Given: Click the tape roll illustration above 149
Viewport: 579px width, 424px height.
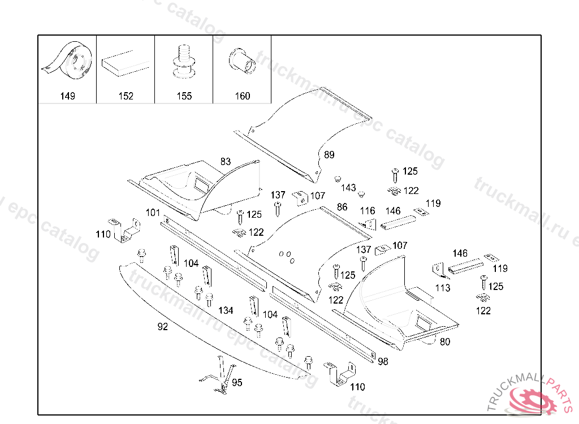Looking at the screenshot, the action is coord(68,59).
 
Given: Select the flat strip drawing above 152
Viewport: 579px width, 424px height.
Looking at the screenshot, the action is coord(126,63).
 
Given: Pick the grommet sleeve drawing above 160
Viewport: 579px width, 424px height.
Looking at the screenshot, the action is coord(242,61).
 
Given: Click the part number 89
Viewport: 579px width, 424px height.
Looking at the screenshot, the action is coord(329,155).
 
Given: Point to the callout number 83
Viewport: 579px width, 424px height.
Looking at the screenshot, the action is coord(226,161).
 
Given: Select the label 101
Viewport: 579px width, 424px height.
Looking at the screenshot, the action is coord(153,213).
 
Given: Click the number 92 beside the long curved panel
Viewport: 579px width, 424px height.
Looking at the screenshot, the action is coord(162,327).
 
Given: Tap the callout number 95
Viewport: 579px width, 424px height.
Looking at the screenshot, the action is coord(237,383).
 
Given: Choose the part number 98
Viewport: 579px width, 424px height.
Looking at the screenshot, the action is coord(383,362).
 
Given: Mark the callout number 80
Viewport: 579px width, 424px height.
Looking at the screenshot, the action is coord(445,342).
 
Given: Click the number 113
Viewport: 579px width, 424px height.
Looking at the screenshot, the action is coord(443,288).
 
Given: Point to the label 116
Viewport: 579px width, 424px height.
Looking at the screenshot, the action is coord(368,211).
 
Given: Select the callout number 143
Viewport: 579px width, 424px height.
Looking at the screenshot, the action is coord(348,188).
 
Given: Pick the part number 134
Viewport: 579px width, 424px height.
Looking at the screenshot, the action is coord(226,310).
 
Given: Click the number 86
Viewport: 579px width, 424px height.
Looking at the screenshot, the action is coord(342,207).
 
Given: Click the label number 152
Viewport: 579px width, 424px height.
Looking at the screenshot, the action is coord(126,96).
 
